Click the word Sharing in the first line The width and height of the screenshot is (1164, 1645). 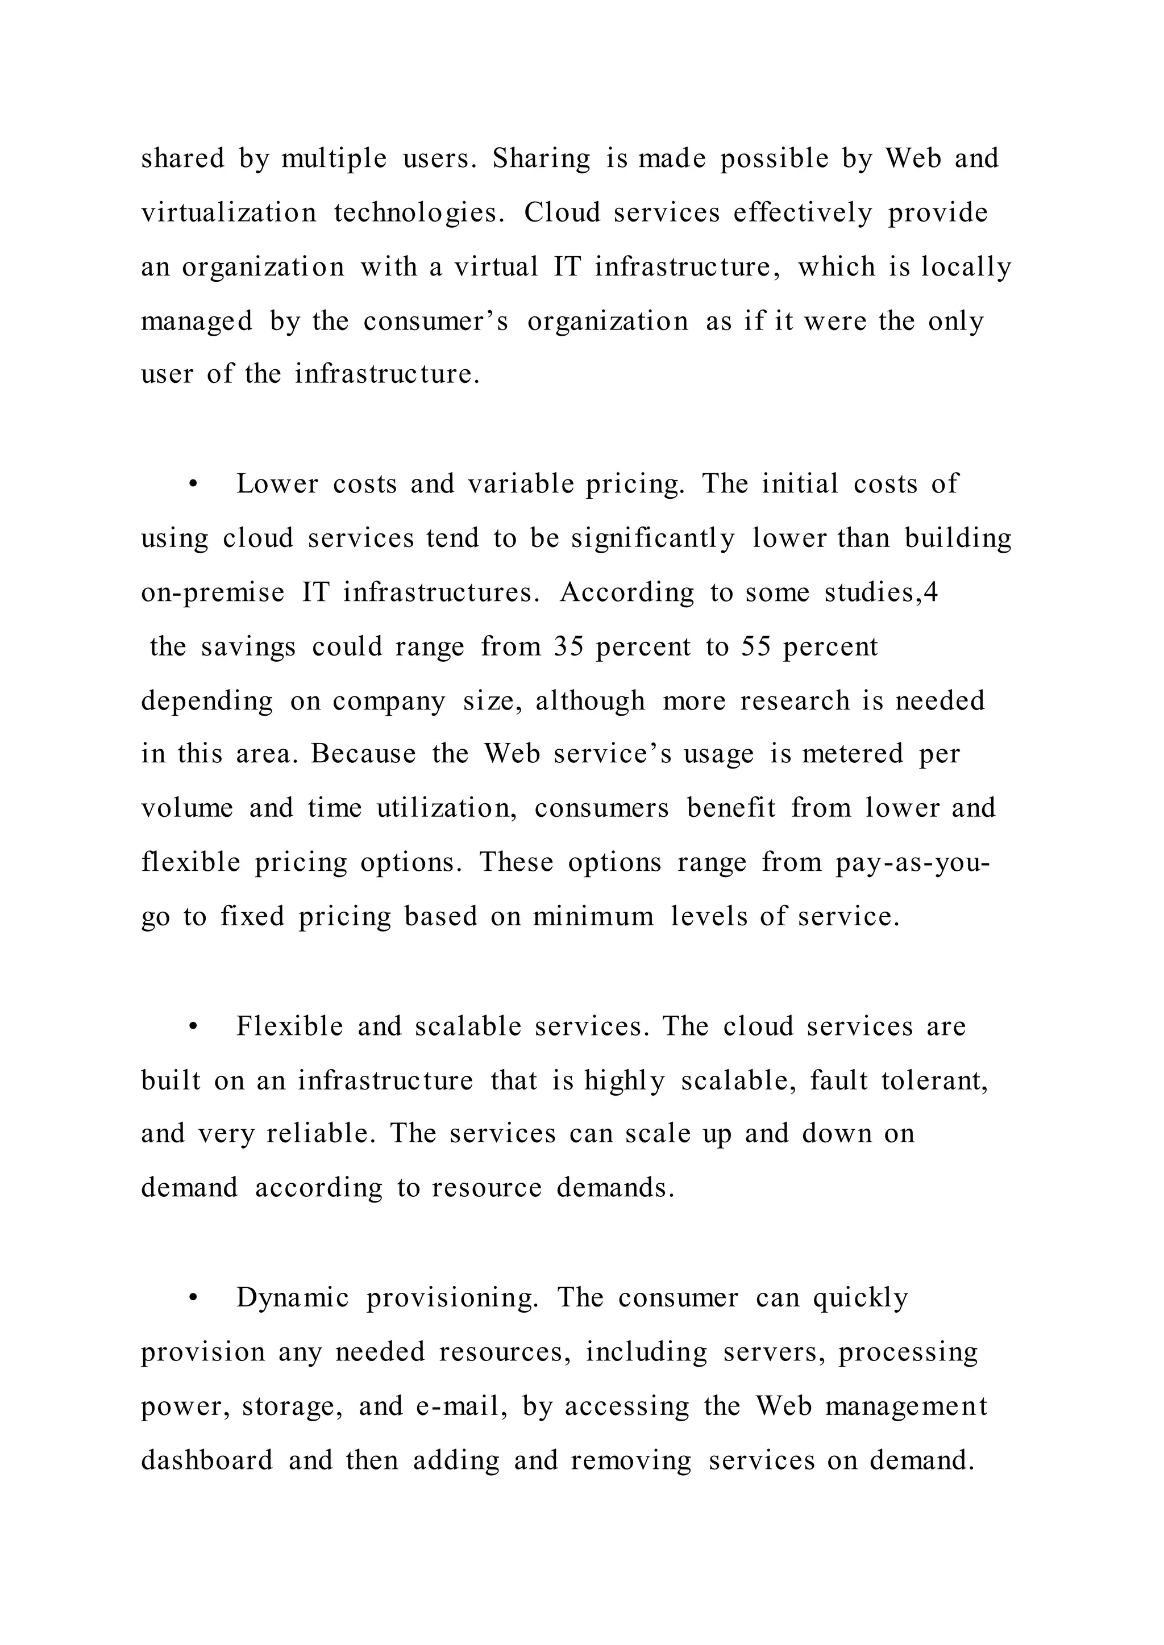tap(541, 158)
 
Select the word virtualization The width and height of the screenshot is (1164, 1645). tap(228, 213)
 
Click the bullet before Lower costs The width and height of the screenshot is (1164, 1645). tap(192, 485)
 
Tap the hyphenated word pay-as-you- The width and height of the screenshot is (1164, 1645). tap(912, 863)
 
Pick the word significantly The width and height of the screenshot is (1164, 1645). tap(653, 539)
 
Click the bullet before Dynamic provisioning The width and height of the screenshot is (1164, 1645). tap(192, 1299)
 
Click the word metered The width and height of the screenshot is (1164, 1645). tap(853, 754)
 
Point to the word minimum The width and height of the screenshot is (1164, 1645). tap(593, 917)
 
